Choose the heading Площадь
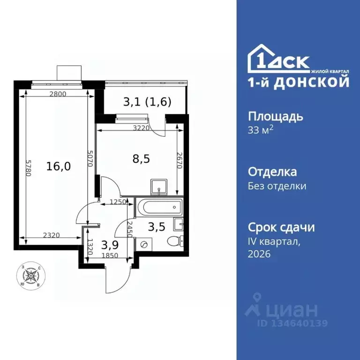click(275, 116)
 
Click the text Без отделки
click(277, 186)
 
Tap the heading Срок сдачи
click(281, 227)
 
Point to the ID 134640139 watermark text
click(292, 323)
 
